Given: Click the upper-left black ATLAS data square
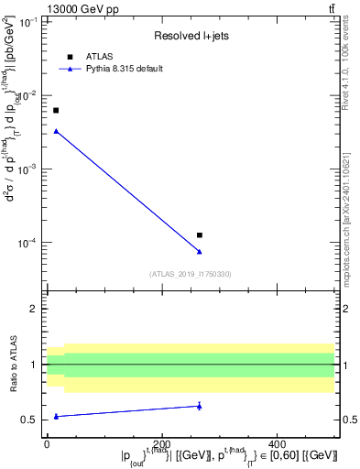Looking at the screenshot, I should (56, 110).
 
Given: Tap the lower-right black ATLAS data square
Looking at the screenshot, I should (200, 235).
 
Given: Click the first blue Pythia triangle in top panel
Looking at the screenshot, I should (56, 131).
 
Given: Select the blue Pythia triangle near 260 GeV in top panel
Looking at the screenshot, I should (200, 251).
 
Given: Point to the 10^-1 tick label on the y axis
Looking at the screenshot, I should (28, 21).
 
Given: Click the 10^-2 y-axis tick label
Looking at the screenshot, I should (28, 95).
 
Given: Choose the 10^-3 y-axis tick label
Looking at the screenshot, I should (28, 169).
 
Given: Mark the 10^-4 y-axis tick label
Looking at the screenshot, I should (28, 243).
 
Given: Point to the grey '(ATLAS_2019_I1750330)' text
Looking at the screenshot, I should (191, 274).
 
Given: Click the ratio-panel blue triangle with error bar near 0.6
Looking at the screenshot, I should (200, 406).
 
